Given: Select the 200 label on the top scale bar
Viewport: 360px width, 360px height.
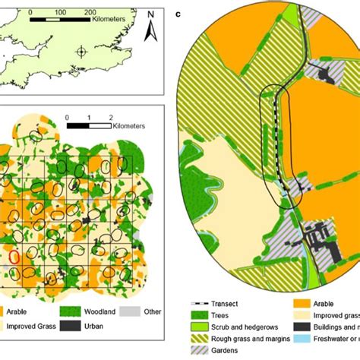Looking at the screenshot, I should pyautogui.click(x=90, y=14).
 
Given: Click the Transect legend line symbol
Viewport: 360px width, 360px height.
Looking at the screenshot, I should pyautogui.click(x=201, y=301).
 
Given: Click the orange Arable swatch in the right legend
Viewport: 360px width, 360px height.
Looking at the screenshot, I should pyautogui.click(x=298, y=301).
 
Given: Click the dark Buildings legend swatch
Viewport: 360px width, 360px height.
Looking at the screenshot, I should pyautogui.click(x=298, y=325).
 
